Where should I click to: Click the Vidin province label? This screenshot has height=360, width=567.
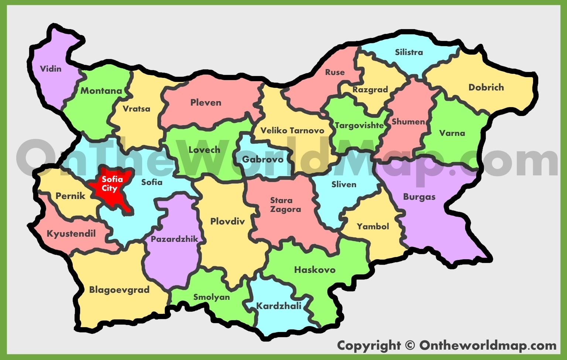(51, 69)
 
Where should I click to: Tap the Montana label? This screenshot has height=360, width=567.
(101, 91)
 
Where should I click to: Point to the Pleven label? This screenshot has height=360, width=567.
(206, 103)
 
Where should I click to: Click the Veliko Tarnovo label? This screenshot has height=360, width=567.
(292, 130)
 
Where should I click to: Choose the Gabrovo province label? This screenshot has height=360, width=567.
(263, 160)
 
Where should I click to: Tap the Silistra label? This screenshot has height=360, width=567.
(409, 52)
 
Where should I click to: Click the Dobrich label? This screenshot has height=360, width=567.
(486, 88)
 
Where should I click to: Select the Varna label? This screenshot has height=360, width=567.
(452, 133)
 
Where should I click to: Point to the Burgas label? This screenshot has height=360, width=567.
(419, 197)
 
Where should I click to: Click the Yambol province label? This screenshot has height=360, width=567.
(373, 226)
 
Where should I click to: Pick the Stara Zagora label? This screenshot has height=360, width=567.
(286, 205)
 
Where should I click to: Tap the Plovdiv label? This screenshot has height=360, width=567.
(228, 222)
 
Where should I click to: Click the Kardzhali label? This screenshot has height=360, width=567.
(279, 306)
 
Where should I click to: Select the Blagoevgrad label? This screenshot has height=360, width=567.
(119, 290)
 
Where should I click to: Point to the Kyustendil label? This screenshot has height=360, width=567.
(71, 234)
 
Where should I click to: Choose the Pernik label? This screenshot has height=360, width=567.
(71, 196)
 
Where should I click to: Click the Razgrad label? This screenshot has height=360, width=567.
(370, 90)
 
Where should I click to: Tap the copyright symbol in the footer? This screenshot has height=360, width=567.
(410, 346)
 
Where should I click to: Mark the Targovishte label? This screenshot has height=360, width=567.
(359, 126)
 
